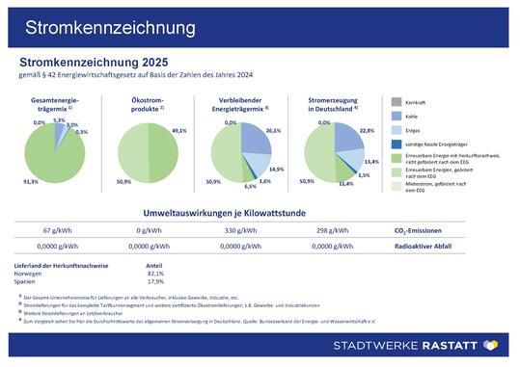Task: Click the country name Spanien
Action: [30, 282]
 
